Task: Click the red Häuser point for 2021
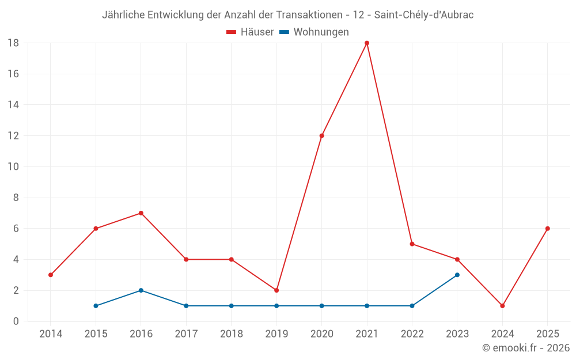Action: coord(367,43)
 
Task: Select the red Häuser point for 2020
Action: coord(321,136)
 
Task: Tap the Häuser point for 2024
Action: coord(502,306)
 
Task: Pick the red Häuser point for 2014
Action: coord(51,275)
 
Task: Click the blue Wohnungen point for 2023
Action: coord(457,275)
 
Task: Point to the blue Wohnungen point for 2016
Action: coord(141,290)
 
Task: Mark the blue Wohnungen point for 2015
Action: coord(96,306)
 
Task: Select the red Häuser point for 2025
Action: coord(548,229)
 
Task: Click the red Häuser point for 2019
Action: coord(276,290)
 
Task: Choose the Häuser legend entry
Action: coord(251,32)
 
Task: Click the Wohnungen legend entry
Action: coord(314,32)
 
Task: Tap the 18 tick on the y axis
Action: coord(13,43)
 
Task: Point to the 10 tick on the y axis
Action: coord(13,167)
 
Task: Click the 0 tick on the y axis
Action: coord(16,321)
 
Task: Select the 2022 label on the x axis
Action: coord(412,334)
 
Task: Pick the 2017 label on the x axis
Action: coord(186,334)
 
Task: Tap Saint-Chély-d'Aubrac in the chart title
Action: coord(424,15)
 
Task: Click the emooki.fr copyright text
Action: coord(526,348)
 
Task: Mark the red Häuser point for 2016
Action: coord(141,213)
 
